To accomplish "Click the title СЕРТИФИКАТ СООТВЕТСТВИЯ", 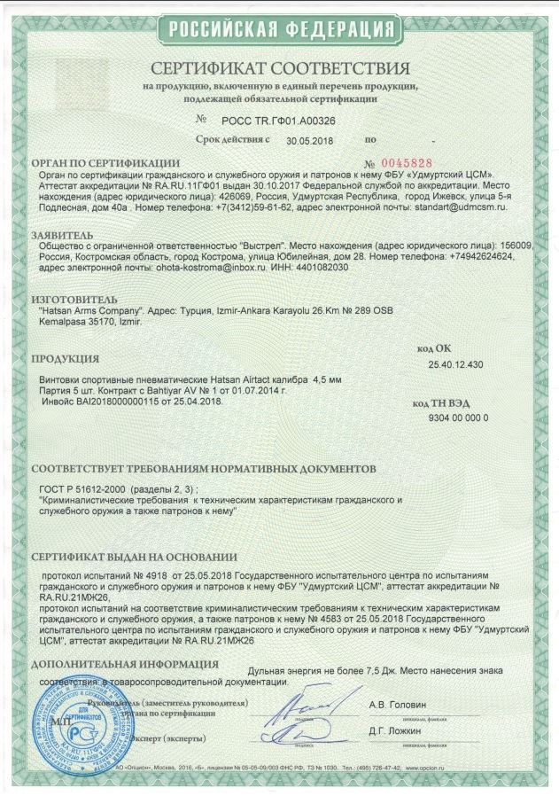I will [x=280, y=69].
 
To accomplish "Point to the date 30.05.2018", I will [x=310, y=140].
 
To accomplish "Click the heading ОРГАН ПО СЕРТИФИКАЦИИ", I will [x=107, y=164].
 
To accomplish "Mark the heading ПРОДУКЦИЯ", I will [x=65, y=360].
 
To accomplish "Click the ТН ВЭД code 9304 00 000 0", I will [x=457, y=416].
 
